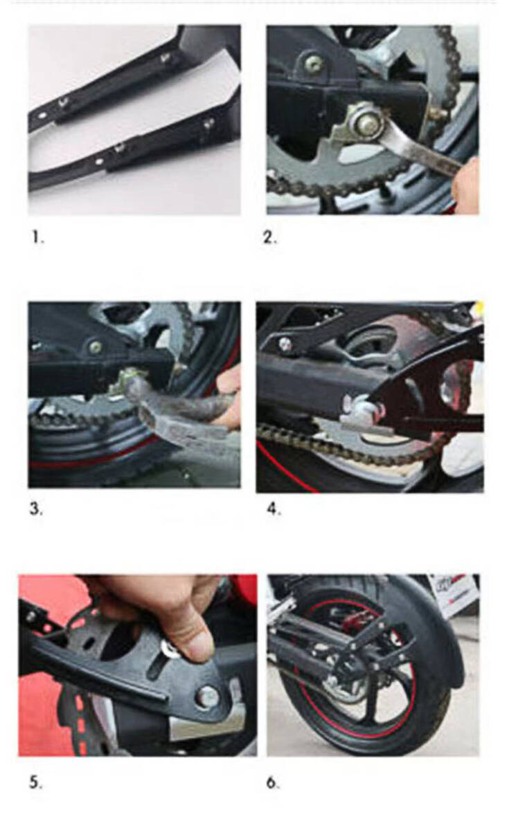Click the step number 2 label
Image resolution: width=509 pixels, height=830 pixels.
click(x=269, y=237)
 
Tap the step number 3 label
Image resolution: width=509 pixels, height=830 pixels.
click(x=36, y=509)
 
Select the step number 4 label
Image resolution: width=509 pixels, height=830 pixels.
click(x=274, y=510)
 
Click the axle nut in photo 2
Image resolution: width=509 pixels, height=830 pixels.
click(x=365, y=122)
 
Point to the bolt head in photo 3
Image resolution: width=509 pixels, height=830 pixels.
click(x=96, y=347)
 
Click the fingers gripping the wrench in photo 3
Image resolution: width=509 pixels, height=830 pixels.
click(x=227, y=396)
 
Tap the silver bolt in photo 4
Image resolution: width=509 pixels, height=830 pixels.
click(x=285, y=344)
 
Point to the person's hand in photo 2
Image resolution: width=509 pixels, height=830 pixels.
click(x=465, y=185)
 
